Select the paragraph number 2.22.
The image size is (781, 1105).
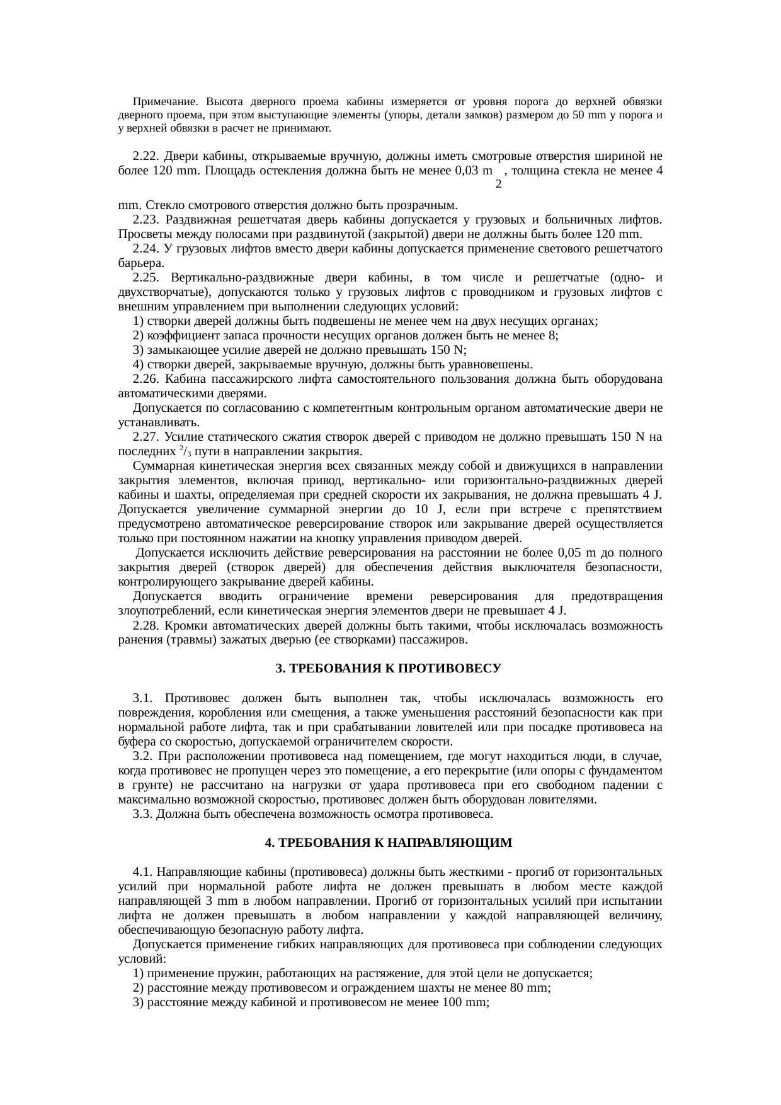145,156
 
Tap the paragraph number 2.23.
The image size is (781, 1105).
145,220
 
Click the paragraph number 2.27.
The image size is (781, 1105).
145,437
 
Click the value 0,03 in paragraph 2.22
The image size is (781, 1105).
466,171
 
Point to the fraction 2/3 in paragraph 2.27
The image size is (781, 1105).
184,451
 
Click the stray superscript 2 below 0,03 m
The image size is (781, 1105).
498,184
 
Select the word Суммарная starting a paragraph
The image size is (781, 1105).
162,466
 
